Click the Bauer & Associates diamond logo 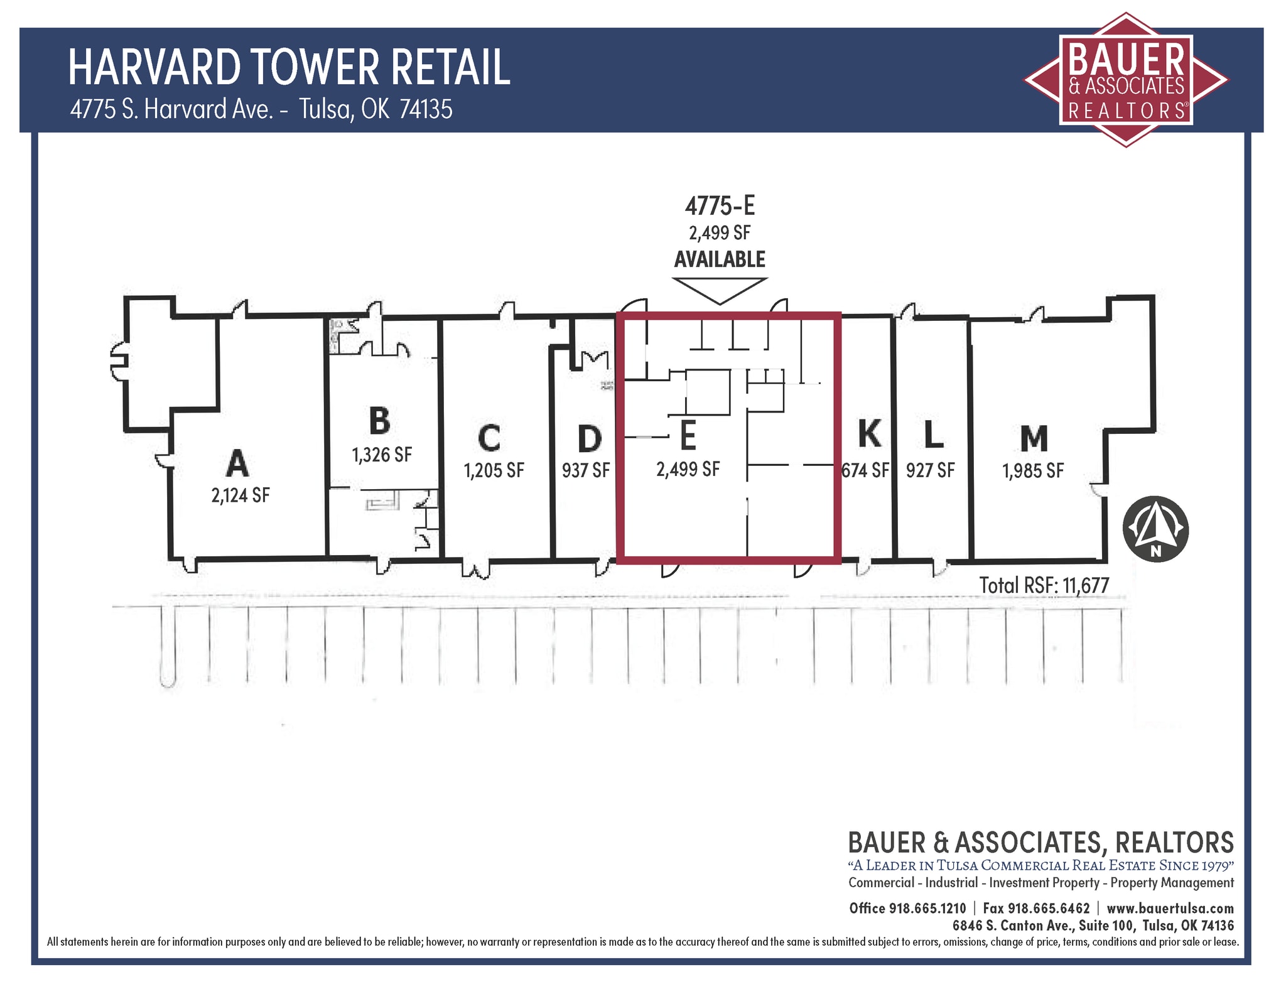(1126, 80)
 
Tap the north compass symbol (1155, 529)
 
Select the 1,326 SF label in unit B (382, 455)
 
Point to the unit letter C (489, 438)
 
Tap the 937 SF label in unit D (586, 470)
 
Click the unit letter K (869, 433)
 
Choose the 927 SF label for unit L (930, 470)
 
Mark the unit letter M (1034, 438)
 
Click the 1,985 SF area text (1033, 471)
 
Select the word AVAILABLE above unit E (720, 259)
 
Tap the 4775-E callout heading (720, 206)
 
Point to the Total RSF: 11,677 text (1044, 586)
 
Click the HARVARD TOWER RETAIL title (289, 67)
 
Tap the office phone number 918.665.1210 (927, 909)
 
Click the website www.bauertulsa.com (1170, 909)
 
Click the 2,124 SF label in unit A (240, 495)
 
